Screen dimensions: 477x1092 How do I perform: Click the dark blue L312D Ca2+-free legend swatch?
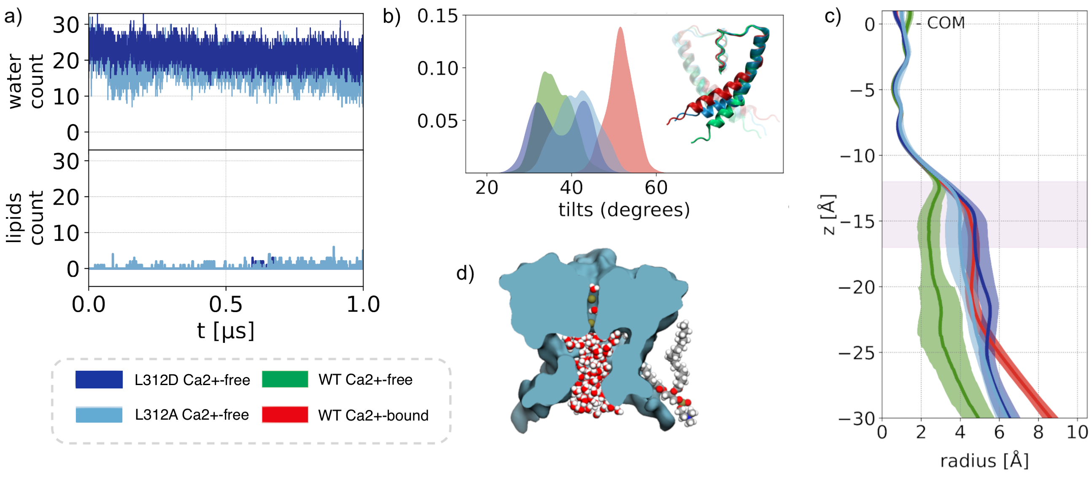point(99,379)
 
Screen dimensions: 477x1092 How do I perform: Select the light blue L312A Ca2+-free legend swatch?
point(99,414)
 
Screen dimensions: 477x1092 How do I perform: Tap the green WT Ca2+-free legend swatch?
point(285,379)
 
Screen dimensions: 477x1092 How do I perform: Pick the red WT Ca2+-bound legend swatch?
point(285,414)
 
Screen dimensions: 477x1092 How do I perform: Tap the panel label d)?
point(465,273)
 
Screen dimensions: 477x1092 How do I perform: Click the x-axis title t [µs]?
point(226,331)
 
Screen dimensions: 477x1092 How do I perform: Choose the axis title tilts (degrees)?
point(624,210)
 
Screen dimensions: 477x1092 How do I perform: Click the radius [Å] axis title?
point(984,461)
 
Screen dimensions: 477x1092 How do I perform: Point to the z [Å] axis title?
point(828,215)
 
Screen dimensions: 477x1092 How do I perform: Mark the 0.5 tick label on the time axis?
point(226,305)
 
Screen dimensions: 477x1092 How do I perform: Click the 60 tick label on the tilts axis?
point(656,187)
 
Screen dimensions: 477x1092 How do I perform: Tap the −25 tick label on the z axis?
point(857,353)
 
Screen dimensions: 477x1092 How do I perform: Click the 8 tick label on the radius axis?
point(1038,432)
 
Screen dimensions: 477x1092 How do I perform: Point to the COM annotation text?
point(946,23)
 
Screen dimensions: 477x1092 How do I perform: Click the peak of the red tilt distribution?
point(620,28)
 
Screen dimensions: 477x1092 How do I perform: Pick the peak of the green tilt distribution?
point(545,73)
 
